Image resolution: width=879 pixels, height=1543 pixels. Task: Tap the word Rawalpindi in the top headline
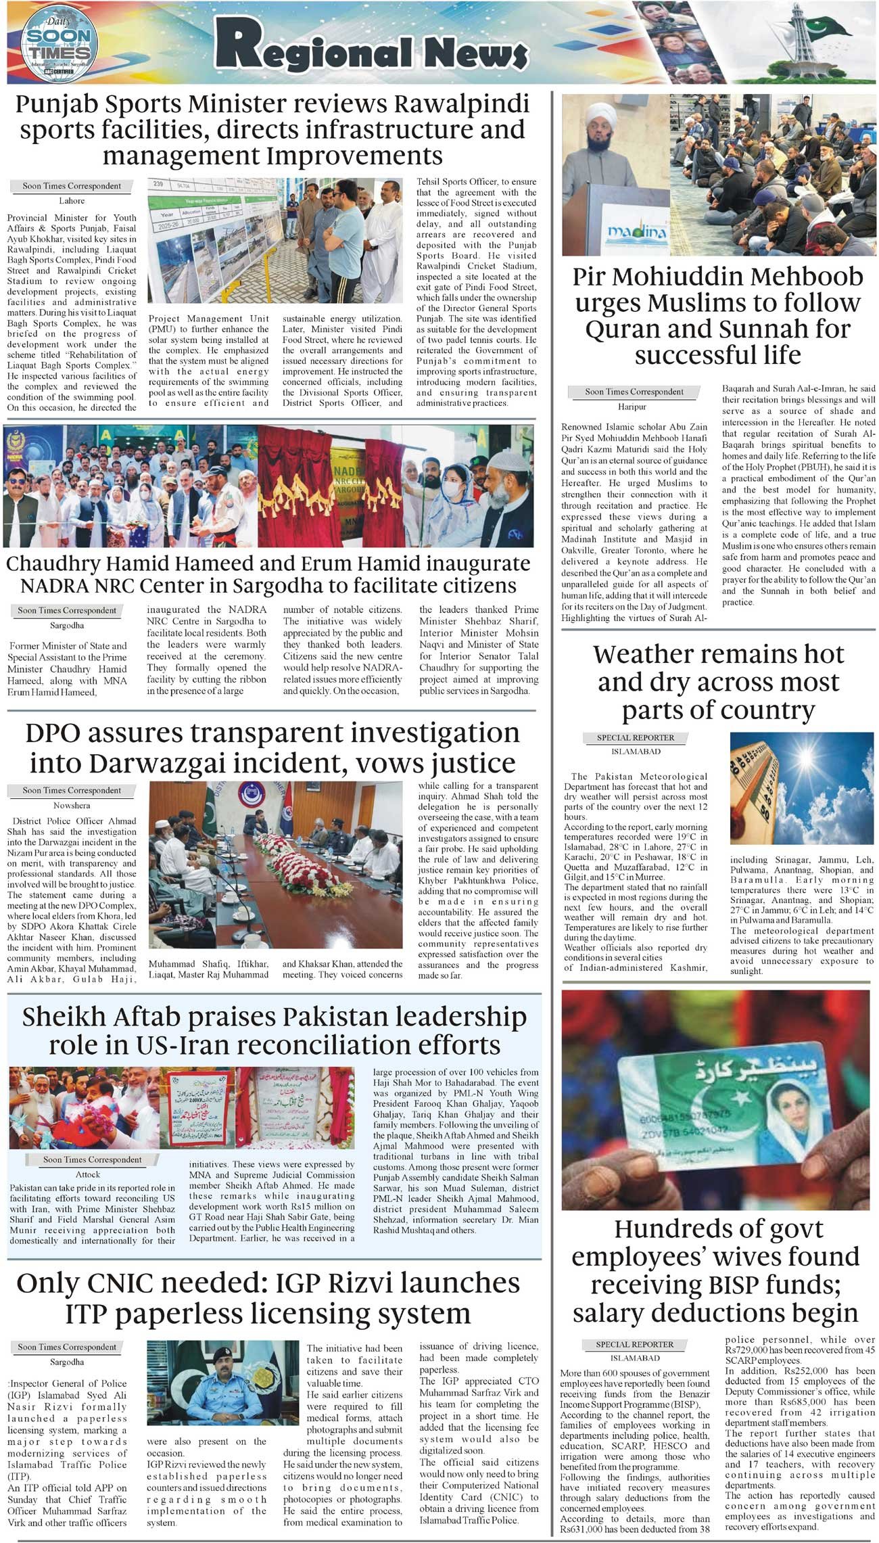[462, 105]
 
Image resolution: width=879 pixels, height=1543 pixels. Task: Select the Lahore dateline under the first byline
[72, 201]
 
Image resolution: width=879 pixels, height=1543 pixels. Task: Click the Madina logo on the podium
[636, 232]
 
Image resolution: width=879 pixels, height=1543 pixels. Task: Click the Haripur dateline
[632, 407]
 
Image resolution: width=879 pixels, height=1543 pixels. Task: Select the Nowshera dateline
[72, 806]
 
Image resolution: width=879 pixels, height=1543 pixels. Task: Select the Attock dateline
[88, 1174]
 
